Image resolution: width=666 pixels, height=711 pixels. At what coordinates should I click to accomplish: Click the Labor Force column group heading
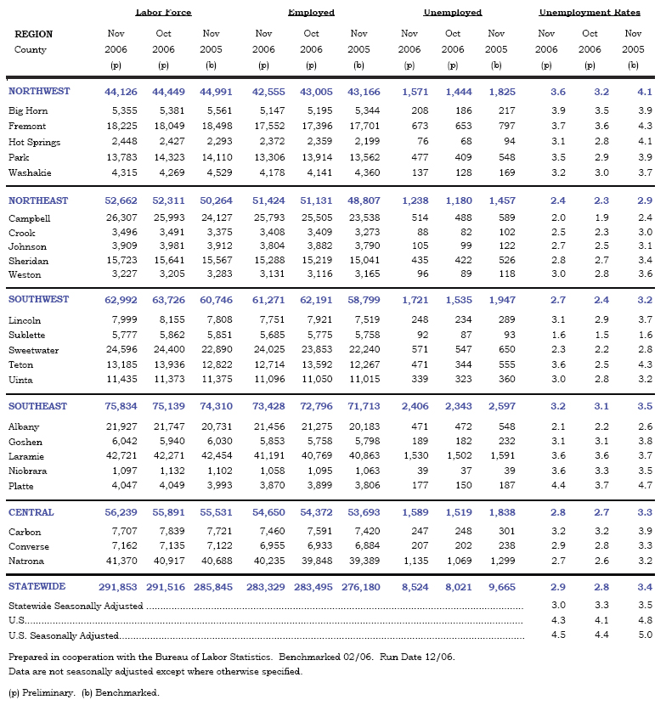tap(163, 13)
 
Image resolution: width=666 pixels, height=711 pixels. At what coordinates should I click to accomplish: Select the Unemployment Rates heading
tap(590, 13)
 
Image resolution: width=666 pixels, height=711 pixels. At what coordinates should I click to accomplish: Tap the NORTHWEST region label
tap(39, 91)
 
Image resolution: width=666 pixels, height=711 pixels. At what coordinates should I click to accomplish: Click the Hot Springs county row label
tap(35, 142)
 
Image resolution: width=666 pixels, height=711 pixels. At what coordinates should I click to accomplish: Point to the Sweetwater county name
tap(35, 350)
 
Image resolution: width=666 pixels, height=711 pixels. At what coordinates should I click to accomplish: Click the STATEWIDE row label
tap(37, 587)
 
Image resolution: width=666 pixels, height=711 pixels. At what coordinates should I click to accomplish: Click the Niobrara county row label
tap(29, 471)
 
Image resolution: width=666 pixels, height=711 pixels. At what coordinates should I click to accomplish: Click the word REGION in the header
tap(33, 34)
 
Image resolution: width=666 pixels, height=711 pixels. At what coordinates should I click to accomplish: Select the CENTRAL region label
tap(31, 513)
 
